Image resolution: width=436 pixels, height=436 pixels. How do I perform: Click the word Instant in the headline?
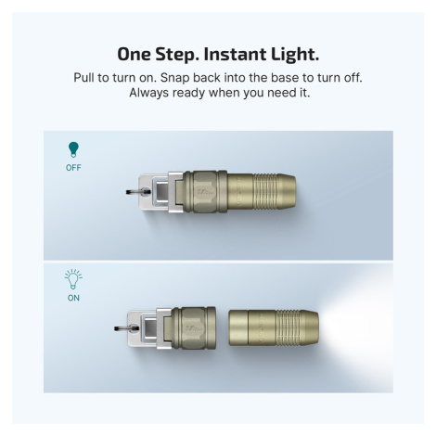pos(235,54)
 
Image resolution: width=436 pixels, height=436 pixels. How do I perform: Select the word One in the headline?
pos(134,54)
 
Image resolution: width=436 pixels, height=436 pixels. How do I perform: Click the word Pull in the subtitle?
pos(84,77)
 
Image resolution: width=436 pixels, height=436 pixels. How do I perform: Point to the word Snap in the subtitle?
pos(174,78)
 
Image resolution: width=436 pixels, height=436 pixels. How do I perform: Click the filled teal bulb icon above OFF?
pos(73,149)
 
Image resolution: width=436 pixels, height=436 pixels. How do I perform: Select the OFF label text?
pos(73,168)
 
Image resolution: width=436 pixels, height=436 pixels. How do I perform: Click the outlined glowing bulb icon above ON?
pos(73,279)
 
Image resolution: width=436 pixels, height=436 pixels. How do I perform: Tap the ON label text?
pos(73,298)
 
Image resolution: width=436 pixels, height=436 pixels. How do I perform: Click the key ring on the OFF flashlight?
pos(138,192)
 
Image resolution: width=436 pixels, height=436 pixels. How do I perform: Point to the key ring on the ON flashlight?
pos(126,328)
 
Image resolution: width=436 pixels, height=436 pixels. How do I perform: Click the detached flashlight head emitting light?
pos(274,327)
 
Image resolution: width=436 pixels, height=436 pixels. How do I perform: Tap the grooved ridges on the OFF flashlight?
pos(265,192)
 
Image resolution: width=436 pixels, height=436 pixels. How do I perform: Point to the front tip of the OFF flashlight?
pos(294,192)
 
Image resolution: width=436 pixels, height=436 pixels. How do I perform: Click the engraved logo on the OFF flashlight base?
pos(205,192)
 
